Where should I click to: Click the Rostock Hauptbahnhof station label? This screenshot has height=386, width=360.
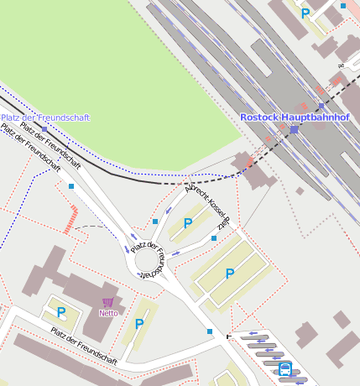[295, 117]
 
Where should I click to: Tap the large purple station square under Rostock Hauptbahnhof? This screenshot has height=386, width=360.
[295, 130]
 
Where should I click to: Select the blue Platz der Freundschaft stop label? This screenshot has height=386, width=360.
[45, 118]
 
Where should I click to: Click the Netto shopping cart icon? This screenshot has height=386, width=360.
[108, 302]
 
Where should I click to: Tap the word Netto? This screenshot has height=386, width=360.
[108, 313]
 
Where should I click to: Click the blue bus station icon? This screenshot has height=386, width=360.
[285, 368]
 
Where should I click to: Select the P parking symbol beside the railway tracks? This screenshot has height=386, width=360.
[305, 13]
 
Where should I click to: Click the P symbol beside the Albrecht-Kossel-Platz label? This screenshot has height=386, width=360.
[188, 223]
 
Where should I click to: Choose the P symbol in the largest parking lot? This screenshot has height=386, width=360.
[229, 274]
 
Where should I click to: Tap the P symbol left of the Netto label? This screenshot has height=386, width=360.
[61, 312]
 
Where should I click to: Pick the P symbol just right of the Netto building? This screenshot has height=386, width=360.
[139, 324]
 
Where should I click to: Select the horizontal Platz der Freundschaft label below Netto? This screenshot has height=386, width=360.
[83, 346]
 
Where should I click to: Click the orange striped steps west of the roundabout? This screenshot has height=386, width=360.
[72, 219]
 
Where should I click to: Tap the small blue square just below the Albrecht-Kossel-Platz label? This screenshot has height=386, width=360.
[214, 239]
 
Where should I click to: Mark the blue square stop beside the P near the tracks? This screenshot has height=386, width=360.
[343, 6]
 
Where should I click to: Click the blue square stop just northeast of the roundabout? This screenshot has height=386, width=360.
[155, 222]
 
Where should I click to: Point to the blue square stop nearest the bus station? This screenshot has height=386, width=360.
[210, 332]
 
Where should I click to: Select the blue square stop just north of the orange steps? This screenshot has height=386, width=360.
[71, 186]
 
